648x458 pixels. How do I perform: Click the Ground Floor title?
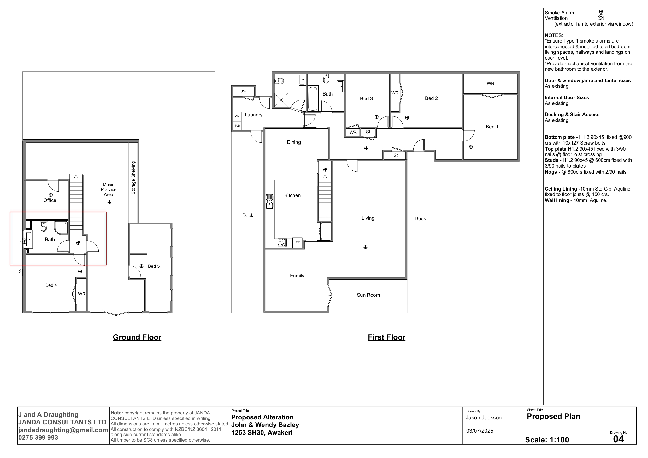[x=137, y=337]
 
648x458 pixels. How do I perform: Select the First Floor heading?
[x=386, y=337]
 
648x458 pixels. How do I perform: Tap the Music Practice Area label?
[x=109, y=190]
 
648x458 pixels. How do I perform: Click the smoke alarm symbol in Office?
[x=51, y=195]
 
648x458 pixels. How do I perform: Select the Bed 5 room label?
[x=154, y=266]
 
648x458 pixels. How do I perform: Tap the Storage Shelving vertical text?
[x=133, y=178]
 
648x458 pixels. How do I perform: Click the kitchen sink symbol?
[x=269, y=201]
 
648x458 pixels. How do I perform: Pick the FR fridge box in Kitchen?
[x=297, y=242]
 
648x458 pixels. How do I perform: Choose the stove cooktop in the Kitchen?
[x=282, y=243]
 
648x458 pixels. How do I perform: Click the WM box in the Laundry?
[x=237, y=116]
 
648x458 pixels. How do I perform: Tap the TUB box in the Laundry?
[x=237, y=126]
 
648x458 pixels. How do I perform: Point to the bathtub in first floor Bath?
[x=313, y=99]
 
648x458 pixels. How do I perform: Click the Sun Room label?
[x=368, y=295]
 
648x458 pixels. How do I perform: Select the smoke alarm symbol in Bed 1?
[x=471, y=147]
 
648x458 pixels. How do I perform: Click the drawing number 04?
[x=618, y=439]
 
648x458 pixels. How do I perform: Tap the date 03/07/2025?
[x=480, y=431]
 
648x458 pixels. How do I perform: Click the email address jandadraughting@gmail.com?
[x=63, y=430]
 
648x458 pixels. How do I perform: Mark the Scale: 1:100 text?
[x=547, y=440]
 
